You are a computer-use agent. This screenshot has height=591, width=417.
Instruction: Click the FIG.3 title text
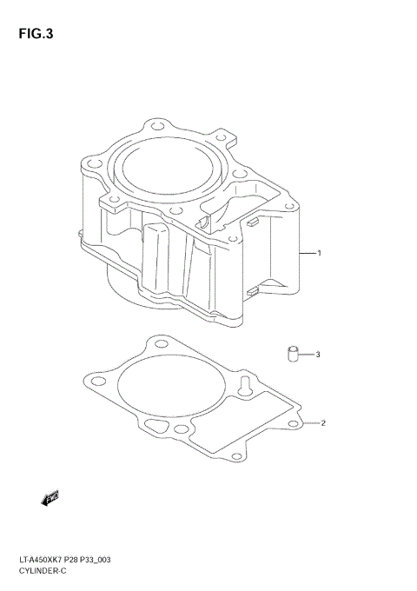click(x=36, y=35)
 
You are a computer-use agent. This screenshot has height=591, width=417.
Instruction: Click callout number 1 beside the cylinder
click(x=320, y=254)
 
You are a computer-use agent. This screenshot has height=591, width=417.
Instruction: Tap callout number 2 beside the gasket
click(x=322, y=424)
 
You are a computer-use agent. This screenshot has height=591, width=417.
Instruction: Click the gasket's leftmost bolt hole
click(x=90, y=380)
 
